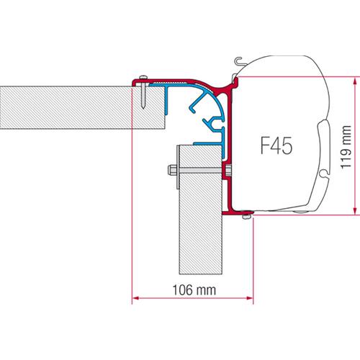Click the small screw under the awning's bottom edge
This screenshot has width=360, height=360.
pos(246,214)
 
